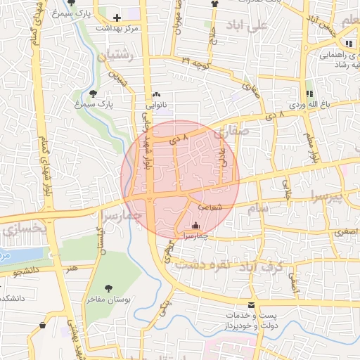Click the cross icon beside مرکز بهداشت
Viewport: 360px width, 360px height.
coord(117,16)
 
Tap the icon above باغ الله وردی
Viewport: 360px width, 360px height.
coord(309,94)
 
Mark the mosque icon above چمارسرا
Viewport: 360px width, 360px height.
coord(195,225)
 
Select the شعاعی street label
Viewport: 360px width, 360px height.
coord(210,208)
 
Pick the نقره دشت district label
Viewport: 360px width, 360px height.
coord(199,264)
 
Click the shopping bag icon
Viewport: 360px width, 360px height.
coord(43,326)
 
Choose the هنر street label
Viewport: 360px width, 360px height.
coord(71,268)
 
